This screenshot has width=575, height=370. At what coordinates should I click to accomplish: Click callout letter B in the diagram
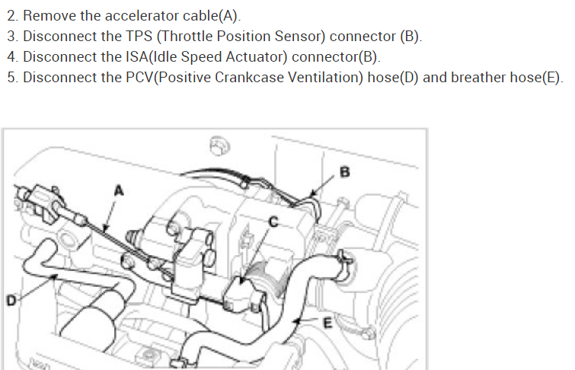345,172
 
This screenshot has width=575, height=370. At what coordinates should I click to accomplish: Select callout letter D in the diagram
11,301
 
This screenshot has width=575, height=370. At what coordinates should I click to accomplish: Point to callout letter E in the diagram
329,323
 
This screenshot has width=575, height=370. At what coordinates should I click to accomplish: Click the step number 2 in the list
11,16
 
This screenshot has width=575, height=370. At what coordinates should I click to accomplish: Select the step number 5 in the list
11,78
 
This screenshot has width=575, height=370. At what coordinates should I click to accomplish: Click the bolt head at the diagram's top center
217,145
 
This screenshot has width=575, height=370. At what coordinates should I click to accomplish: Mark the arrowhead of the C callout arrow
241,284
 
